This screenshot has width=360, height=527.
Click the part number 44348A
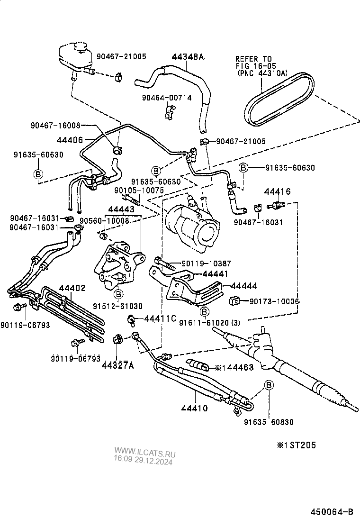pos(187,57)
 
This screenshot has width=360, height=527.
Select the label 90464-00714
pos(167,98)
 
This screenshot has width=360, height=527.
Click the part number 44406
pos(70,140)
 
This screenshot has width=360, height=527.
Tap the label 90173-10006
pos(274,301)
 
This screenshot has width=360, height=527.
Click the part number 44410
pos(194,407)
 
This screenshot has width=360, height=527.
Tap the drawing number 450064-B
pos(332,512)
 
